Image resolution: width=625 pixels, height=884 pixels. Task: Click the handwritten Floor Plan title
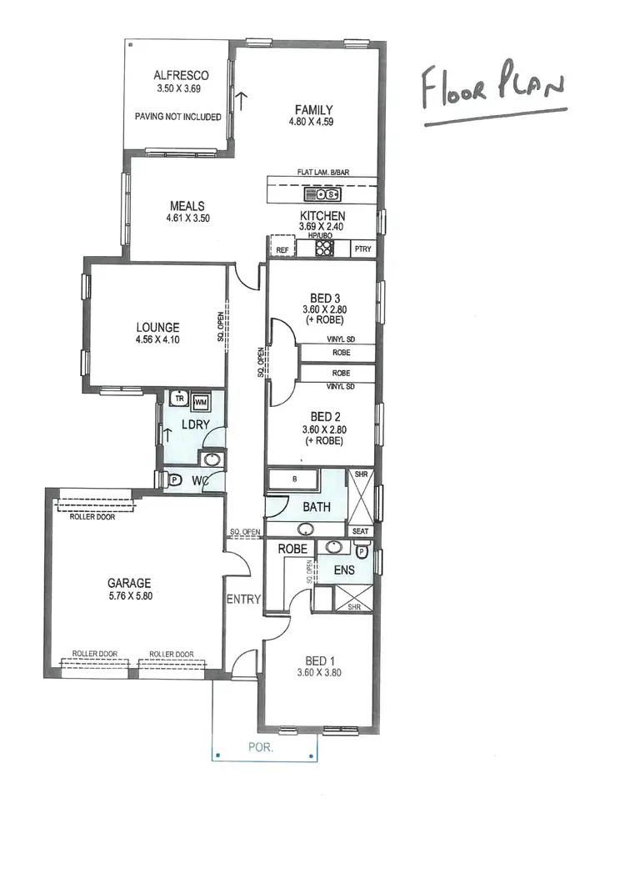coord(492,90)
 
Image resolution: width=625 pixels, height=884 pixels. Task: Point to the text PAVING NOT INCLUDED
coord(177,117)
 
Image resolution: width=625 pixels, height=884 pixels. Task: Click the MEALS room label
coord(187,206)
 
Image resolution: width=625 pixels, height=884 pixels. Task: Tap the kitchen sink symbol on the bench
coord(323,195)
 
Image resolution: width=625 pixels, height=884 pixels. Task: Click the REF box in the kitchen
coord(282,249)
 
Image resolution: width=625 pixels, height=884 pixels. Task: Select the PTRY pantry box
coord(362,249)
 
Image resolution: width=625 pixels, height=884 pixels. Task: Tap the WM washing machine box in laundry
coord(201,402)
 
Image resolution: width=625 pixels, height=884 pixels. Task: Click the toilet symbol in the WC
coord(175,480)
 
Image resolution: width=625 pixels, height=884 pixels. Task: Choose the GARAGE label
coord(129,583)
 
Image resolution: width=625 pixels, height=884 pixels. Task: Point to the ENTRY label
coord(243,599)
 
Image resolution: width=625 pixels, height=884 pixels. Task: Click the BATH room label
coord(316,506)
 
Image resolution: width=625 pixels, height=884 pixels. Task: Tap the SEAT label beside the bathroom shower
coord(361,531)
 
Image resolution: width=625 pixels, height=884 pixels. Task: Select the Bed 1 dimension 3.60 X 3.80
coord(319,673)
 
